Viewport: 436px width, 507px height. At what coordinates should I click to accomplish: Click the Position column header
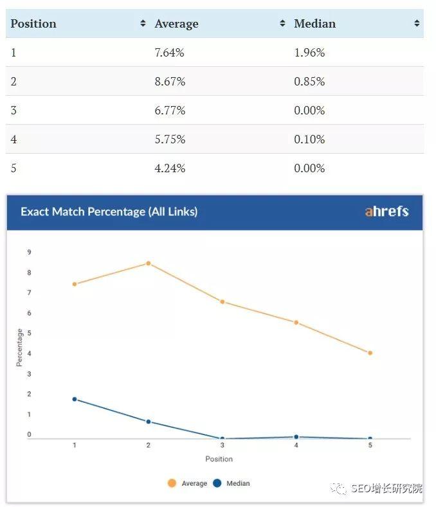pyautogui.click(x=33, y=24)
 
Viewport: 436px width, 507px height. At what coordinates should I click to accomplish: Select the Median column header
pyautogui.click(x=314, y=24)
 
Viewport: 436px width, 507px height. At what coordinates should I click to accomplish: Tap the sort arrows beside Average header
pyautogui.click(x=282, y=24)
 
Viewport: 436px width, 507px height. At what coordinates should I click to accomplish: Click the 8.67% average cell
pyautogui.click(x=170, y=82)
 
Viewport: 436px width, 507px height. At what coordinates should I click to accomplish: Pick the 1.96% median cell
pyautogui.click(x=309, y=53)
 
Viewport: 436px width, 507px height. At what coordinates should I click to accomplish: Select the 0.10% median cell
pyautogui.click(x=309, y=139)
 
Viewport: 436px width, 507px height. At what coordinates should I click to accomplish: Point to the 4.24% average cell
pyautogui.click(x=170, y=168)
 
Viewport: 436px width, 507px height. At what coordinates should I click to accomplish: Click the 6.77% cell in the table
pyautogui.click(x=170, y=111)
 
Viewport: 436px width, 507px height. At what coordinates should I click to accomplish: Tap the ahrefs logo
pyautogui.click(x=386, y=211)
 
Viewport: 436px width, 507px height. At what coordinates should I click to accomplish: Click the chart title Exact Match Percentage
pyautogui.click(x=109, y=211)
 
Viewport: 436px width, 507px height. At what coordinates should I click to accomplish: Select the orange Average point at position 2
pyautogui.click(x=149, y=263)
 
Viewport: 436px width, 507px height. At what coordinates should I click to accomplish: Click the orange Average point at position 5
pyautogui.click(x=370, y=353)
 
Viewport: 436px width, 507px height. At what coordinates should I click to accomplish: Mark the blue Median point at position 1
pyautogui.click(x=75, y=399)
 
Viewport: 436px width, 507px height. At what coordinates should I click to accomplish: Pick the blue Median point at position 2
pyautogui.click(x=149, y=422)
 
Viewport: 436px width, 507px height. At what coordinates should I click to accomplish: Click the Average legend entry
pyautogui.click(x=188, y=483)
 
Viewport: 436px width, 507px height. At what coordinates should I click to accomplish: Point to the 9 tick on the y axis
pyautogui.click(x=29, y=253)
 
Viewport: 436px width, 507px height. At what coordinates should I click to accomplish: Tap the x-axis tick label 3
pyautogui.click(x=223, y=445)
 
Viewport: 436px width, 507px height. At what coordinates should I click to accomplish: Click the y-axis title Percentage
pyautogui.click(x=20, y=348)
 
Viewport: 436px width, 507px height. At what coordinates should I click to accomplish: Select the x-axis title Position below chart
pyautogui.click(x=219, y=459)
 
